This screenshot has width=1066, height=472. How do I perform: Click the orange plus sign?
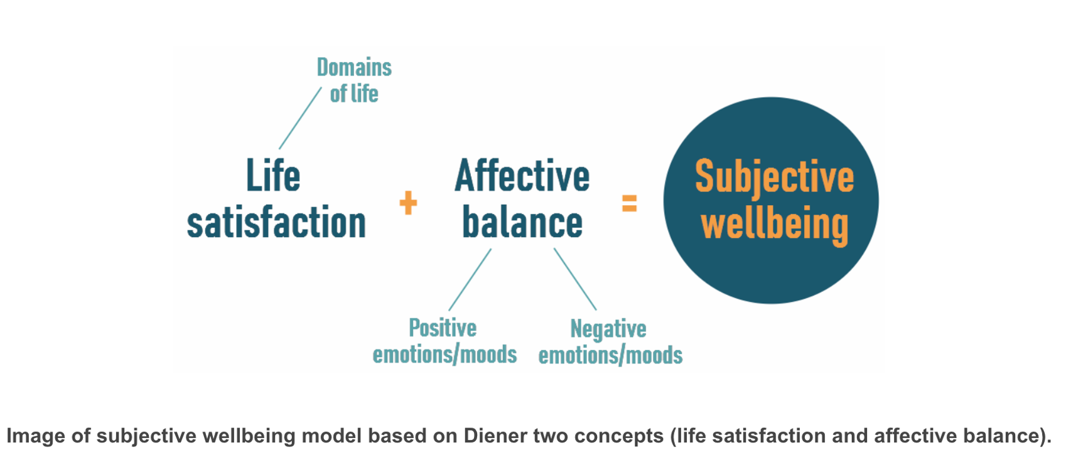click(408, 203)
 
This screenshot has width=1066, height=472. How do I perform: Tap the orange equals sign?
click(629, 203)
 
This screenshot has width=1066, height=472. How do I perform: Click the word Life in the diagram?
click(273, 176)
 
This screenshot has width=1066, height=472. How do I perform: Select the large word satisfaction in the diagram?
click(276, 223)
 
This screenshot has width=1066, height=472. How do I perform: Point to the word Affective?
click(522, 176)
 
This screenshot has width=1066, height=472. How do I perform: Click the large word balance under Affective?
click(522, 223)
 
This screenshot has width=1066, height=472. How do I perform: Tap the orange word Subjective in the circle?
click(774, 178)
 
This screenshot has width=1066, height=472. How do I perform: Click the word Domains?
click(354, 67)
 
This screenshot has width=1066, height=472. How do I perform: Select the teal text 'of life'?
click(354, 94)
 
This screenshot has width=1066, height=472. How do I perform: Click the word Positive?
click(443, 328)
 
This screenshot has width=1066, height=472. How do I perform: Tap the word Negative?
click(608, 329)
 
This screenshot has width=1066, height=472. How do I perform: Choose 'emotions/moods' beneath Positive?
click(444, 355)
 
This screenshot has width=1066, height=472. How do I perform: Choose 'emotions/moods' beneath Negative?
click(610, 355)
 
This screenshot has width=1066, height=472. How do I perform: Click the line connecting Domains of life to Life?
click(300, 118)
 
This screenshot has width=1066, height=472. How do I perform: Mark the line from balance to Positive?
click(470, 280)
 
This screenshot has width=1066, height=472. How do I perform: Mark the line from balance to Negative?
click(575, 279)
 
